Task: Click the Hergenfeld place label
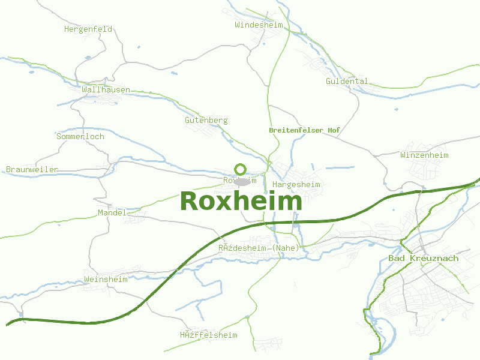click(88, 28)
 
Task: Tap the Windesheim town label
click(259, 25)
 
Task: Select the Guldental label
click(347, 81)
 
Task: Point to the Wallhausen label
click(106, 89)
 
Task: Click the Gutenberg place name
click(206, 120)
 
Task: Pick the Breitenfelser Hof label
click(305, 130)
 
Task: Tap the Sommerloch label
click(80, 136)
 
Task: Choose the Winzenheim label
click(424, 155)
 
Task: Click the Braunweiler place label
click(32, 169)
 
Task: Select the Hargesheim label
click(296, 184)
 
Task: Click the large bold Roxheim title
click(241, 201)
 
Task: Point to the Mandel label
click(112, 212)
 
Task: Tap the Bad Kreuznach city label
click(423, 258)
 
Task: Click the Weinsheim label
click(106, 279)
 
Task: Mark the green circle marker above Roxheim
click(241, 169)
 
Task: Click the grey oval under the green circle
click(242, 181)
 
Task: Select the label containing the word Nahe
click(259, 248)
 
